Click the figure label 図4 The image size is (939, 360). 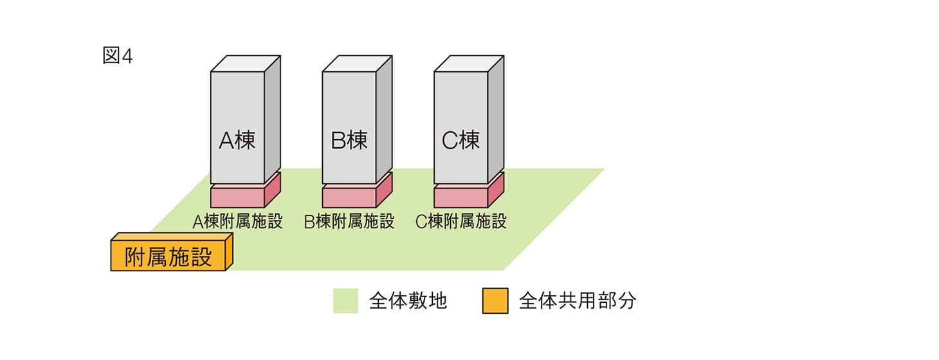(x=117, y=56)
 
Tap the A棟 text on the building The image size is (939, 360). (x=237, y=140)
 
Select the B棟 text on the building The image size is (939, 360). (x=349, y=140)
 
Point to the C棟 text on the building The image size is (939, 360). (x=461, y=140)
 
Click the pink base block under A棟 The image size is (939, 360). (x=237, y=196)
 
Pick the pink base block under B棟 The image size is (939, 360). (x=349, y=196)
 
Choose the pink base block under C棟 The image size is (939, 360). (x=461, y=196)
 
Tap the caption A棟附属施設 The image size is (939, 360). (x=237, y=222)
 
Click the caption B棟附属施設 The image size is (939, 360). (x=349, y=222)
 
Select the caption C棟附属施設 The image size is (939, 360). (x=461, y=222)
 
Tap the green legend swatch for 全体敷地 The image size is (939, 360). (x=345, y=301)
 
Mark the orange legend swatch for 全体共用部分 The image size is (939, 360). (x=495, y=301)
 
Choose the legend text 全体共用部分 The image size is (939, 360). (x=577, y=301)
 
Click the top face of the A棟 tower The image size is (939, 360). (x=246, y=64)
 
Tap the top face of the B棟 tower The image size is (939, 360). (x=358, y=64)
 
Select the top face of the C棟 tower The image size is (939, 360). (x=469, y=64)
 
